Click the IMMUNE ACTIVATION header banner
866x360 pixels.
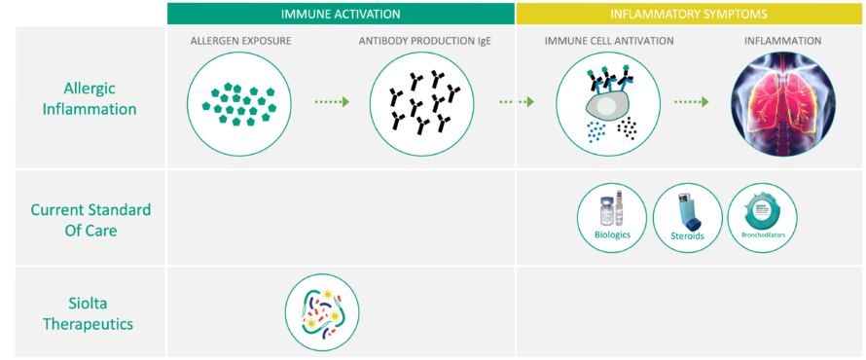tap(341, 14)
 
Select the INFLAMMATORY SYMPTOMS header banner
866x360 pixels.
tap(690, 14)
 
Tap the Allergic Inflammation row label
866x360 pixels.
tap(83, 98)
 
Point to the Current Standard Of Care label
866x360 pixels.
tap(83, 218)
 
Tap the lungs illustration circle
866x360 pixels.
tap(782, 102)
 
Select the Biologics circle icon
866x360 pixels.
tap(612, 217)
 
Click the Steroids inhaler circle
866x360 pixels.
tap(687, 217)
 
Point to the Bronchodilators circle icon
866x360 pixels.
tap(762, 217)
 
